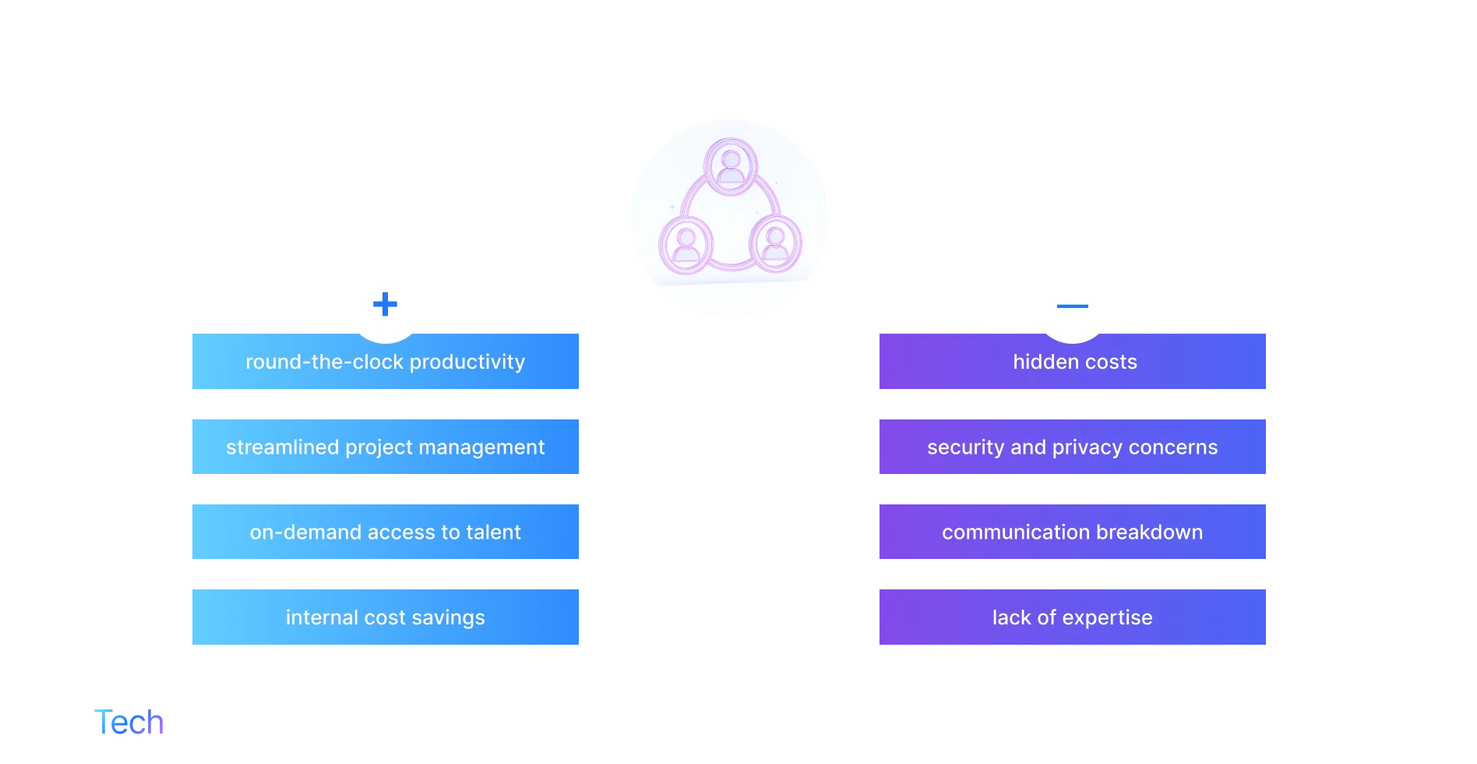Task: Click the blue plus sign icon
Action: [x=385, y=304]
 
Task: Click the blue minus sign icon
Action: [x=1072, y=306]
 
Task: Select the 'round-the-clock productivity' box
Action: [x=383, y=362]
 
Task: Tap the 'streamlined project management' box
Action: [x=383, y=447]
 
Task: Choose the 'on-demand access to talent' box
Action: [x=383, y=532]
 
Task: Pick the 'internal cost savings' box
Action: [x=383, y=617]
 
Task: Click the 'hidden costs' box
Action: [x=1075, y=362]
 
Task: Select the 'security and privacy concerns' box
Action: [x=1075, y=447]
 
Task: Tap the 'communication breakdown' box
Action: [x=1075, y=532]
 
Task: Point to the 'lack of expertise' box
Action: [x=1075, y=617]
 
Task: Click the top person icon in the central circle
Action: [x=731, y=166]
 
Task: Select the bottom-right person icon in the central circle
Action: [x=775, y=243]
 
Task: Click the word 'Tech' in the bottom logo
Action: [x=129, y=722]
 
